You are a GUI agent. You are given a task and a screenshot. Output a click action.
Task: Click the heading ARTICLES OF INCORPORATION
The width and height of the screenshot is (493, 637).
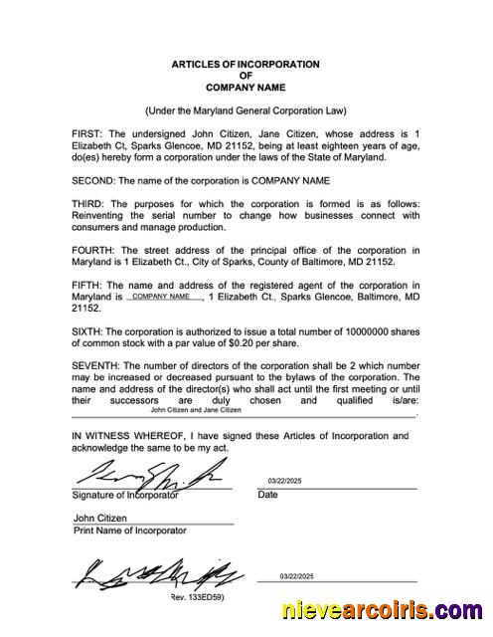click(x=246, y=65)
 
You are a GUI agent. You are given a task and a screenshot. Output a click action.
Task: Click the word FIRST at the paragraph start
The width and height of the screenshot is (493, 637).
click(x=87, y=133)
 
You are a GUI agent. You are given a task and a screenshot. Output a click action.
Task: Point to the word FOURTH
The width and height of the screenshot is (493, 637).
click(x=92, y=250)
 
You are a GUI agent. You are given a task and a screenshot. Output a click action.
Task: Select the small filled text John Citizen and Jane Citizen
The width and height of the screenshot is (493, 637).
click(x=196, y=409)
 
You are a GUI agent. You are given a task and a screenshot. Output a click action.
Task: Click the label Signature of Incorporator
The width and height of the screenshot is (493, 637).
click(x=125, y=495)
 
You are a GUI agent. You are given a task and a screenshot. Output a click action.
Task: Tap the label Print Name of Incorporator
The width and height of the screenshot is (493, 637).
click(x=129, y=531)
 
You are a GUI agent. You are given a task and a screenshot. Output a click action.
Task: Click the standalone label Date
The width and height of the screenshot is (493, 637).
click(x=268, y=495)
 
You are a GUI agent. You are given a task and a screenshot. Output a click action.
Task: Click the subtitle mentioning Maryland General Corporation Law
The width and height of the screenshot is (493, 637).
click(x=246, y=110)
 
